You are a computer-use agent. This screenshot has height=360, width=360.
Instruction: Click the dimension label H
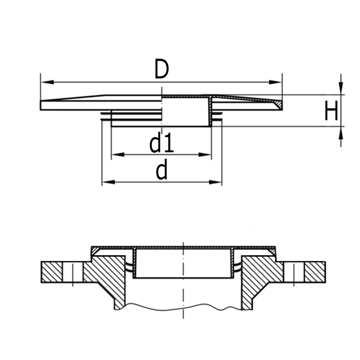331,111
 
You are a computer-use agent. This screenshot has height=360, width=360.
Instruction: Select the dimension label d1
162,144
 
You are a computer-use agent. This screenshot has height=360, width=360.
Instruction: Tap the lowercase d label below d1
162,171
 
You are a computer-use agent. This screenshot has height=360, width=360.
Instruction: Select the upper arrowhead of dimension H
341,89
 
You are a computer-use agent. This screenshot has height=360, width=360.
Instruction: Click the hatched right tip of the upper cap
278,105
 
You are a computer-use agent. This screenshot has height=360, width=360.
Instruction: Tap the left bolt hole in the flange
73,272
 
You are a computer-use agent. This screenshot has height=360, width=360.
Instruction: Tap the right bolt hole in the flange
294,272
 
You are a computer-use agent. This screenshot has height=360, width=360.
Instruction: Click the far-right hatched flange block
315,272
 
